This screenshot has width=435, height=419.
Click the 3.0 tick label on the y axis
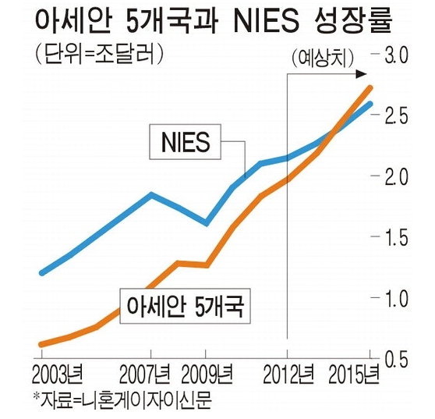point(396,55)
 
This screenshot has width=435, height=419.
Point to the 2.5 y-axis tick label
point(396,115)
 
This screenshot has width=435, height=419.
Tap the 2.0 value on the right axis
point(396,176)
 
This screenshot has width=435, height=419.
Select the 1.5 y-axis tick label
point(396,237)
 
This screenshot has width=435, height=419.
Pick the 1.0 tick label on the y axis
point(396,298)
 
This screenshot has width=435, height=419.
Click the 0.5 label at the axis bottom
point(396,359)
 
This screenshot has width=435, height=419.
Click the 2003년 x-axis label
point(58,374)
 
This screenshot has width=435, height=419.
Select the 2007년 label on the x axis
point(145,374)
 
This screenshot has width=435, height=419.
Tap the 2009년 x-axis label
point(207,374)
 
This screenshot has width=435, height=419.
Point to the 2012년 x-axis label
point(288,374)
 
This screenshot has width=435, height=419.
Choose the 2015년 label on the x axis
point(354,374)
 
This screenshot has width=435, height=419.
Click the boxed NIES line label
point(185,142)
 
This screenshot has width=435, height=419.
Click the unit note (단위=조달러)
point(99,53)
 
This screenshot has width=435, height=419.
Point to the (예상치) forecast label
point(323,59)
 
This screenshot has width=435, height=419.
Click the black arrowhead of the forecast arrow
point(362,74)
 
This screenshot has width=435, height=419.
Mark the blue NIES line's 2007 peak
point(151,194)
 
